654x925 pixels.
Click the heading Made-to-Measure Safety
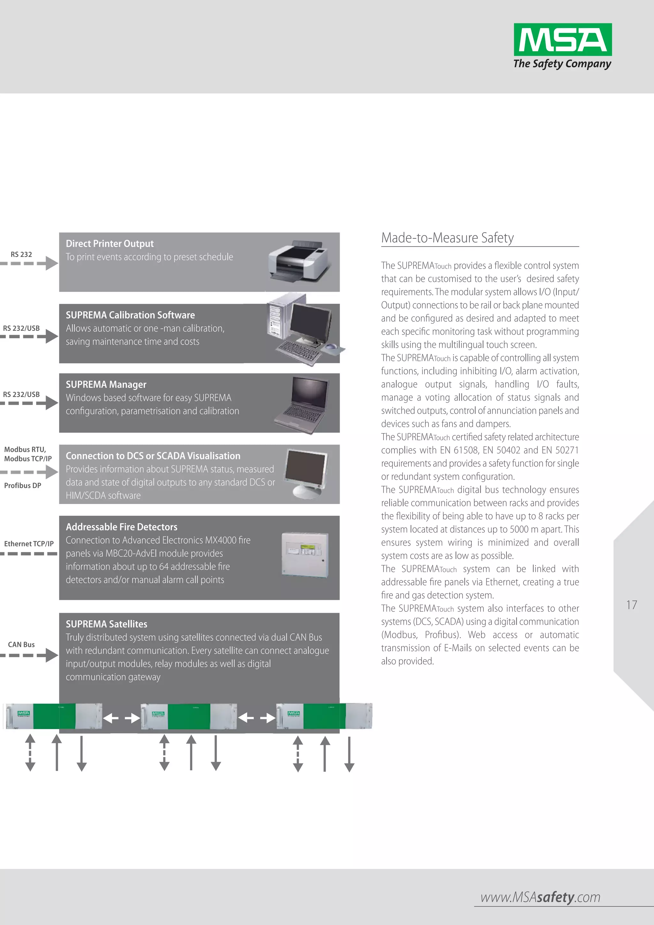point(447,238)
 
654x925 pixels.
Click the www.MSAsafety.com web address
point(540,897)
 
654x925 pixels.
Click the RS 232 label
point(21,255)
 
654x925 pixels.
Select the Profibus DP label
point(23,486)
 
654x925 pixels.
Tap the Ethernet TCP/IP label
point(29,544)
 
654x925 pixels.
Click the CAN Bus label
point(21,645)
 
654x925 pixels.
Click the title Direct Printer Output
point(110,244)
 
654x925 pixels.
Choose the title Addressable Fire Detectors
point(121,527)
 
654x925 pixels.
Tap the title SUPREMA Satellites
point(106,624)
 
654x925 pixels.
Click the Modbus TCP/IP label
point(28,459)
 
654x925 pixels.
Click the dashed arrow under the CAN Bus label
point(29,655)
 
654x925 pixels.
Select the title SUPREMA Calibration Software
point(130,315)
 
